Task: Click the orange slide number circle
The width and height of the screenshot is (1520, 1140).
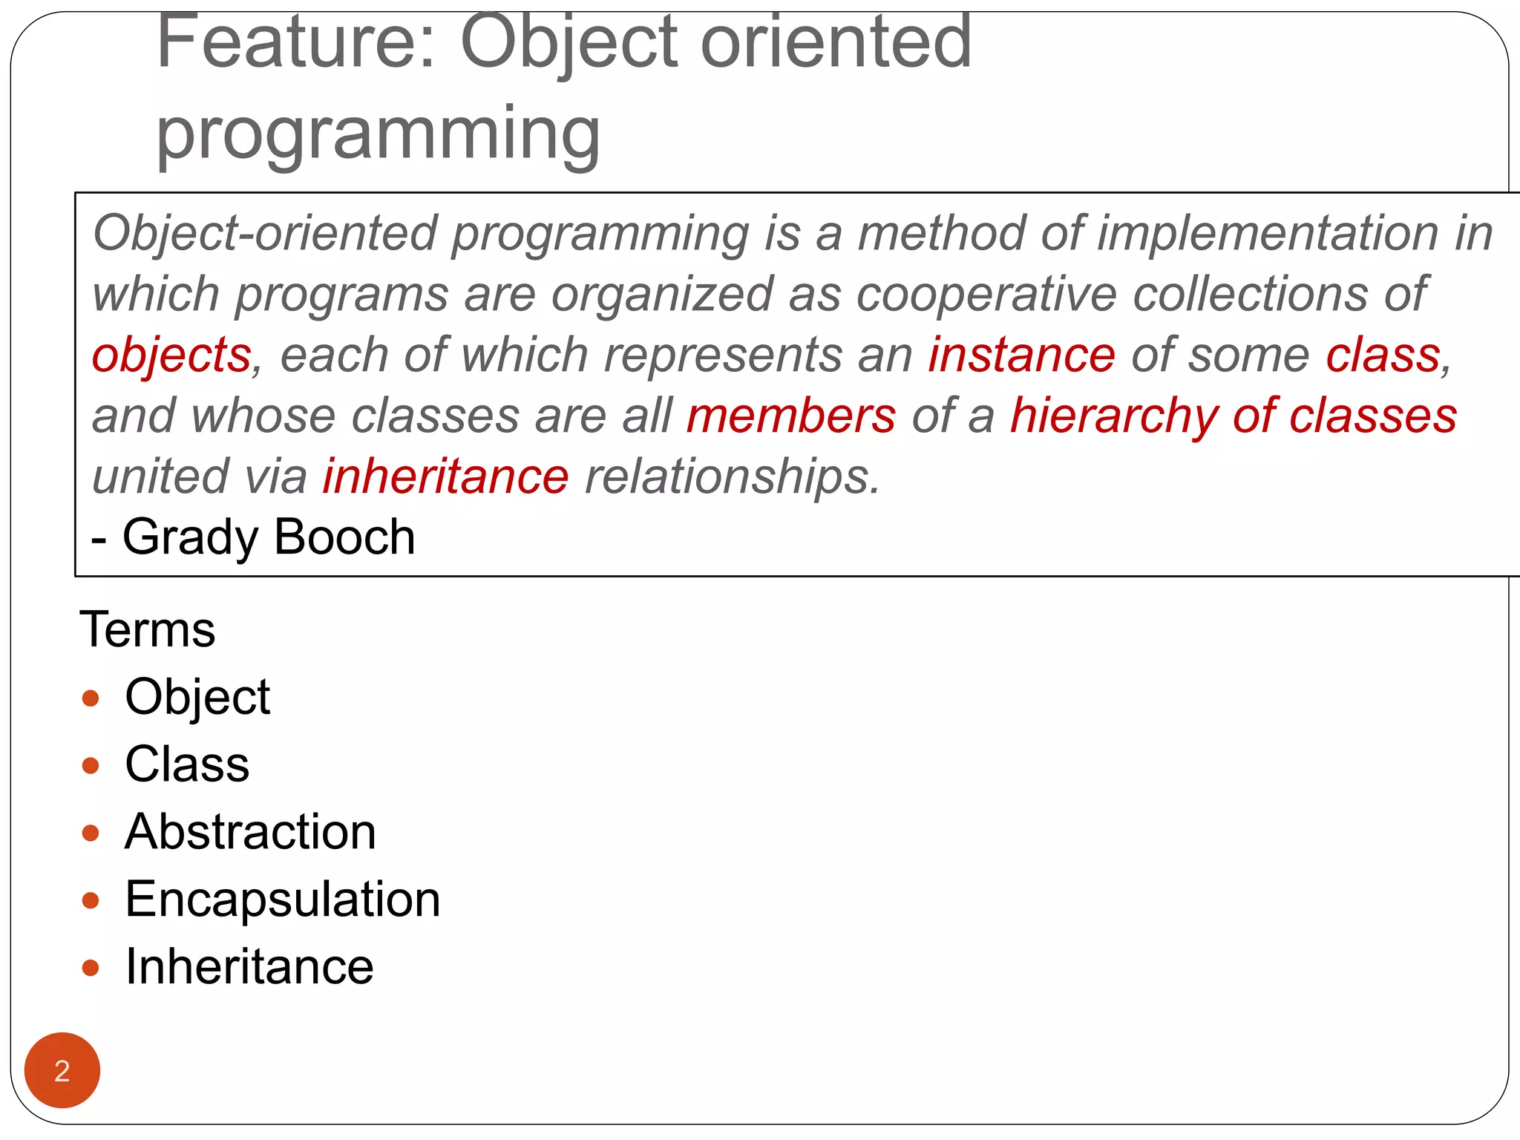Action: (62, 1069)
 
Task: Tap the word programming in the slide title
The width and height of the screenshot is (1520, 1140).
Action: (378, 134)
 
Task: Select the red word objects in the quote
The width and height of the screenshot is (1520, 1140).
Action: (171, 355)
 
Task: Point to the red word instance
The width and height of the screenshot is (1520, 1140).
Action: (1021, 355)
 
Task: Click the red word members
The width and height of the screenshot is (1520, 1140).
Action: (791, 416)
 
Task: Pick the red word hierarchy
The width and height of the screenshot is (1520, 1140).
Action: (1113, 416)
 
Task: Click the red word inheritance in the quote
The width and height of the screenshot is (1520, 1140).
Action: (445, 476)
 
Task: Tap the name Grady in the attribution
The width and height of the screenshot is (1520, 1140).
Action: (190, 537)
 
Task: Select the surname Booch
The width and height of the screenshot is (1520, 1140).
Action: (344, 537)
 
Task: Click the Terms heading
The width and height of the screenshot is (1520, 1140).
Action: (147, 629)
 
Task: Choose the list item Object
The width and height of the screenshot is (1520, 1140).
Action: (197, 697)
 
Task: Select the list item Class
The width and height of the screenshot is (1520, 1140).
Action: (187, 764)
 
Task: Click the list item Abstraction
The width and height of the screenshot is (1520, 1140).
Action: (250, 832)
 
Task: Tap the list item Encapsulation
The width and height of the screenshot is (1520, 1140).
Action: (283, 900)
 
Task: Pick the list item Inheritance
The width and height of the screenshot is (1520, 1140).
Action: (249, 967)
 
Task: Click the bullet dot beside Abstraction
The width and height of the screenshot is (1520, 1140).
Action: (91, 833)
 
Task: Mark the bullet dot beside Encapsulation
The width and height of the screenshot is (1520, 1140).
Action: (91, 900)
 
